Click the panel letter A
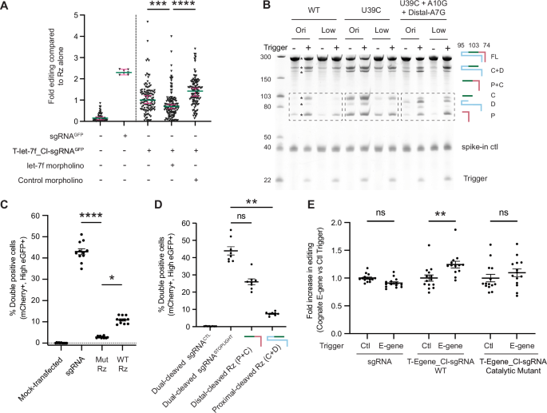(6, 6)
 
